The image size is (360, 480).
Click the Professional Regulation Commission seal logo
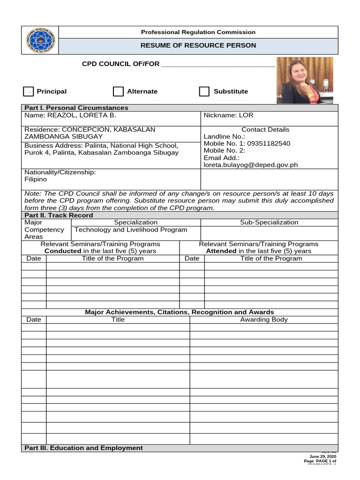click(40, 40)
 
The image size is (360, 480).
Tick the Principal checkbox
click(28, 91)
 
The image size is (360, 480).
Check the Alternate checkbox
click(118, 91)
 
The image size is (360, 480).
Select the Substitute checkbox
click(204, 91)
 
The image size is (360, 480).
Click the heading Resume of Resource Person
click(199, 45)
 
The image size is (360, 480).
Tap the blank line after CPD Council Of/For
click(218, 65)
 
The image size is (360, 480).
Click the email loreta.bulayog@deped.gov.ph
click(250, 165)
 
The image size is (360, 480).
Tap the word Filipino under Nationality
click(36, 179)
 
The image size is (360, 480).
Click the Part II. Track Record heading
click(59, 215)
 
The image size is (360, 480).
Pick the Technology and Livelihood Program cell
click(131, 230)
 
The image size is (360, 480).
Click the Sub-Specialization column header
click(269, 222)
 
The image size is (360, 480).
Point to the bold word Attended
click(221, 251)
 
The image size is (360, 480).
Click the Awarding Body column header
click(264, 319)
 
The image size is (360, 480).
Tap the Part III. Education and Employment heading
click(83, 448)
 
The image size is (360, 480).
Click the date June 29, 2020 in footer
click(322, 456)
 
